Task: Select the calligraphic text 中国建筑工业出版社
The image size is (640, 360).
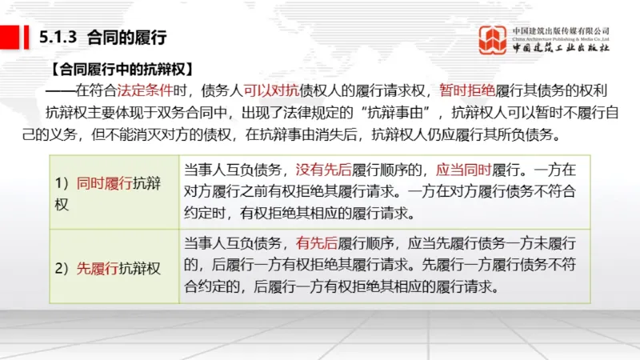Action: click(x=562, y=49)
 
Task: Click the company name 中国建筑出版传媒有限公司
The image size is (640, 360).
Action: click(x=562, y=30)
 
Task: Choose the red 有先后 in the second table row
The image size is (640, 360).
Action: click(x=313, y=243)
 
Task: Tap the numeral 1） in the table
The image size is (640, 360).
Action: click(x=62, y=182)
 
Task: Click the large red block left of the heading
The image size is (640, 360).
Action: click(x=10, y=37)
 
